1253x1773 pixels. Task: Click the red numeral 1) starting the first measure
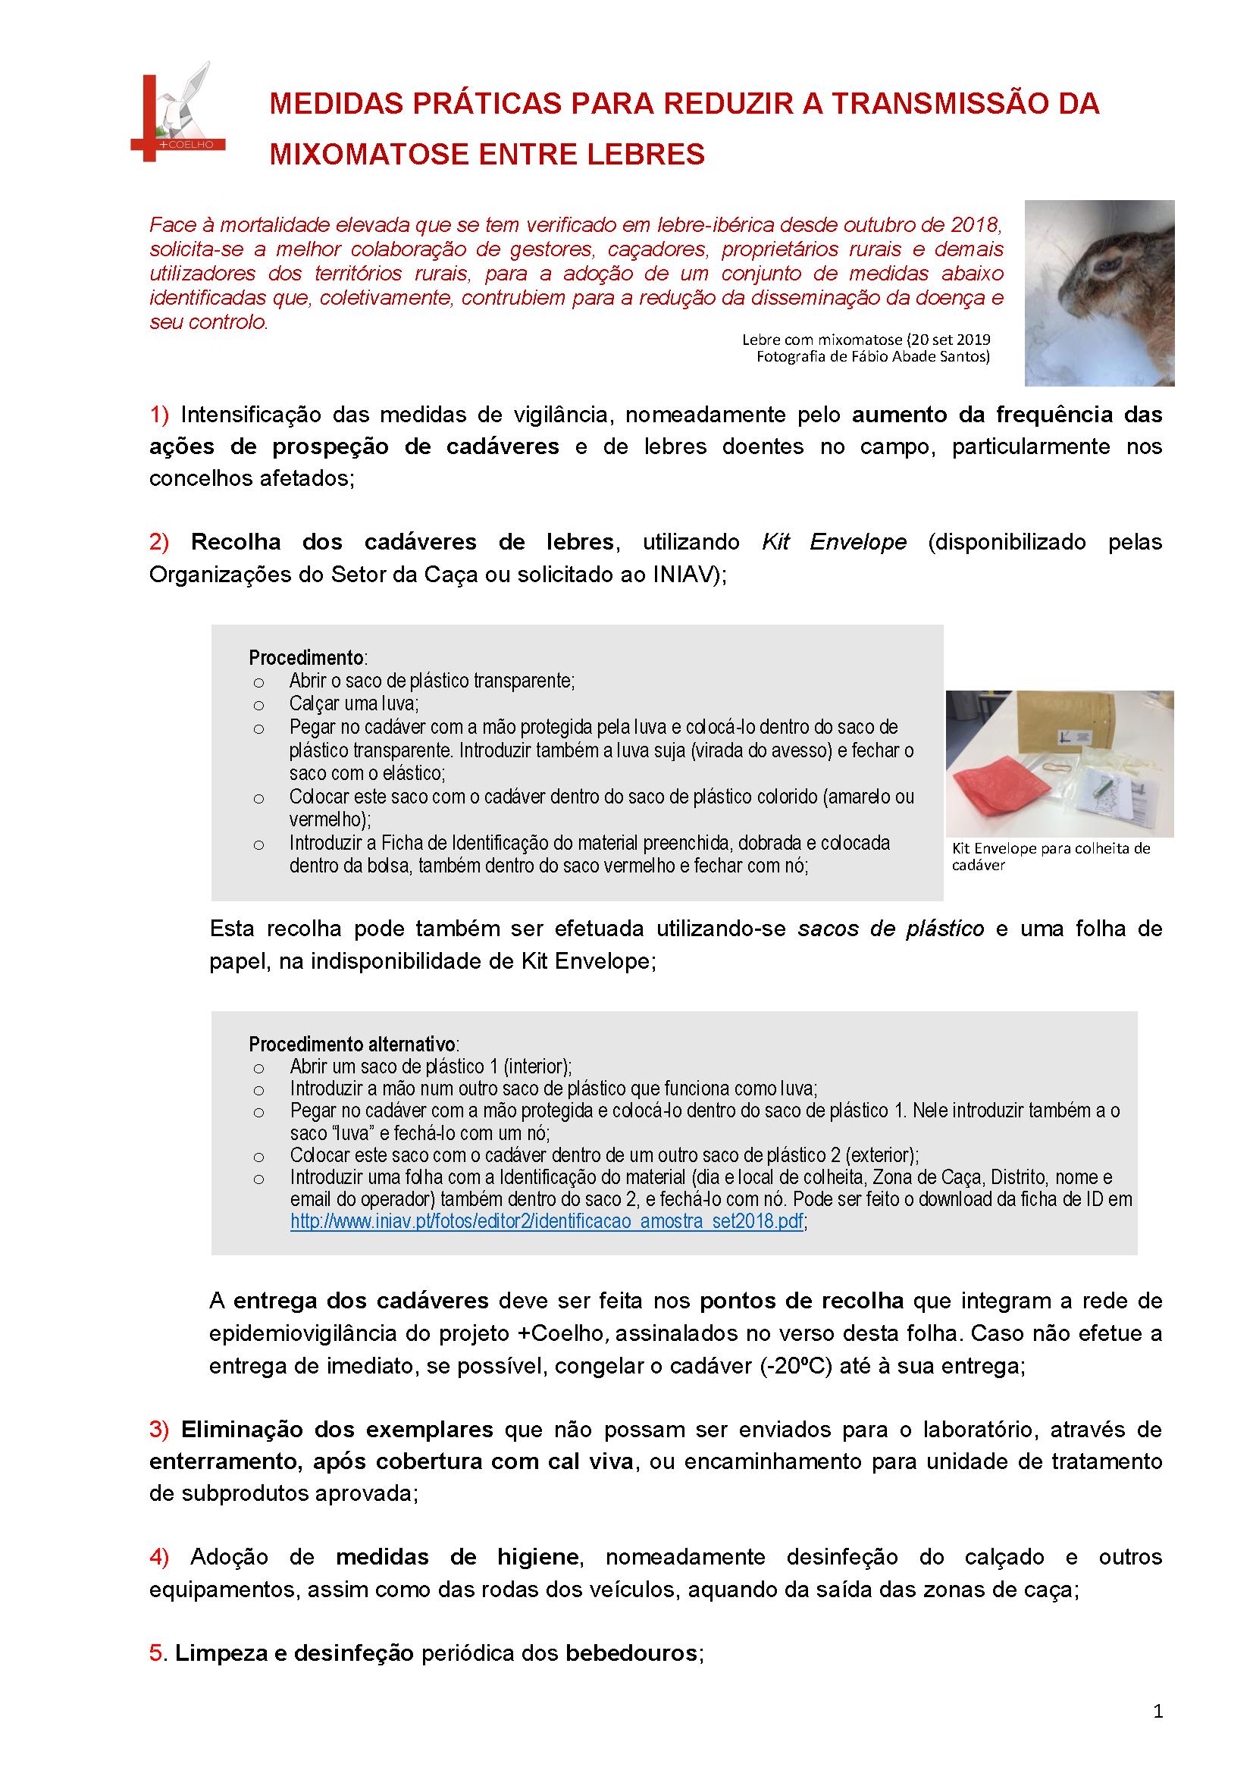[159, 415]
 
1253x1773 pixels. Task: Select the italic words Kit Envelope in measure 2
[834, 542]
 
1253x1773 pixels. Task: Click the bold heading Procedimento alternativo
[352, 1045]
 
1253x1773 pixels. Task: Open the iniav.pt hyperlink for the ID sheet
[547, 1223]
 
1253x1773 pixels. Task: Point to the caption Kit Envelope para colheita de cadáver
[1050, 857]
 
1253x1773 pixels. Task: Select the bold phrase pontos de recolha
[801, 1302]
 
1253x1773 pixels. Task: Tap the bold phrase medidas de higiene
[457, 1558]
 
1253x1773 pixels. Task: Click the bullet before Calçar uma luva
[258, 705]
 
